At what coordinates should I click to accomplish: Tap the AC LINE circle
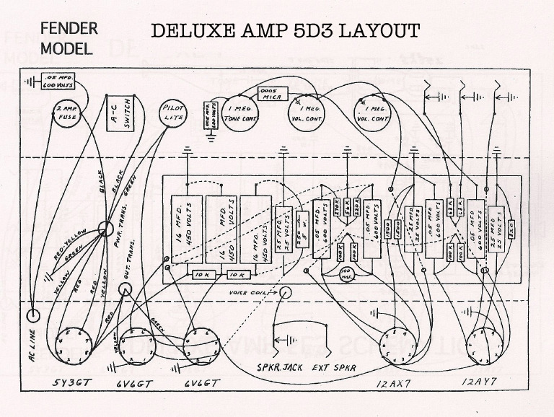(34, 315)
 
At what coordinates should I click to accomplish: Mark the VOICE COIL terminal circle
(286, 293)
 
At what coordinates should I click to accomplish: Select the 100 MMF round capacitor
(347, 274)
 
